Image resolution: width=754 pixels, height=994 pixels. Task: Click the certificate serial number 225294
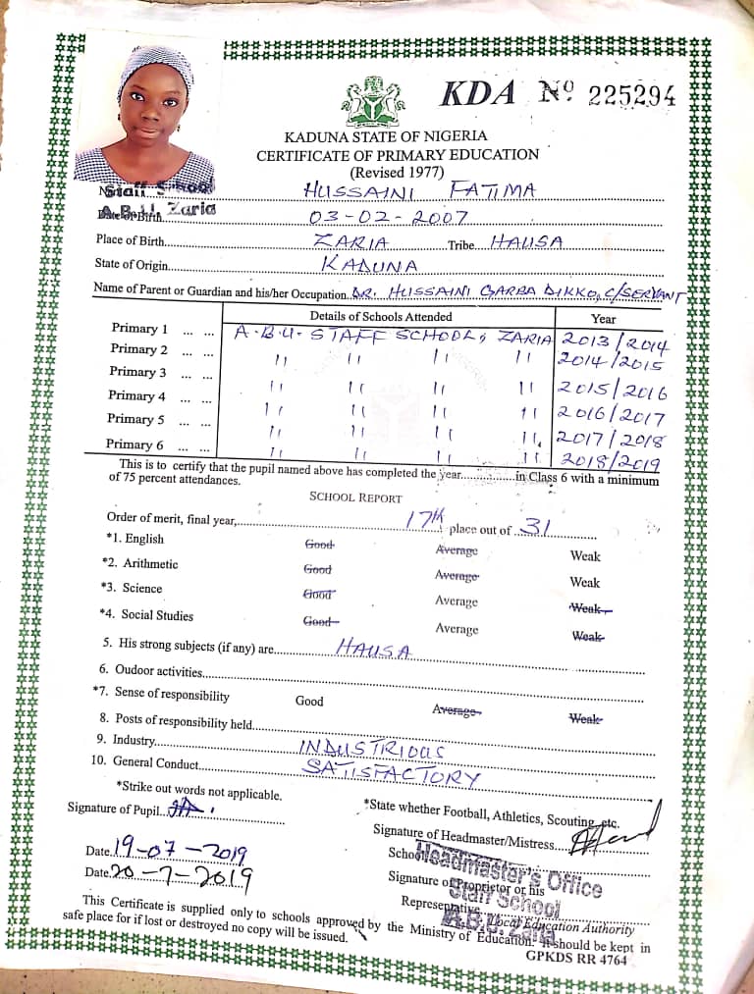(631, 94)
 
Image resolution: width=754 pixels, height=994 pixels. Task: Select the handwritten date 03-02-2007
(389, 216)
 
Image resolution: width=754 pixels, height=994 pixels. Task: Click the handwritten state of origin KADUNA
(370, 265)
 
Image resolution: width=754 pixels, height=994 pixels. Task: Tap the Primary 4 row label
(137, 395)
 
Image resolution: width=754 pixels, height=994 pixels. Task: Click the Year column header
(604, 318)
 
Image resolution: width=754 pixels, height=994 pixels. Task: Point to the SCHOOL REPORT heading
(355, 497)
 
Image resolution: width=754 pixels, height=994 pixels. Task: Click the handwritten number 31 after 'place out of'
(536, 527)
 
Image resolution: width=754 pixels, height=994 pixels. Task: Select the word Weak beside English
(585, 556)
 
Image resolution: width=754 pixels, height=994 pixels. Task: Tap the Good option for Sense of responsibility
(309, 702)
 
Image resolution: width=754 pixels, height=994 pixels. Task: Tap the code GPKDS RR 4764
(576, 959)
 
